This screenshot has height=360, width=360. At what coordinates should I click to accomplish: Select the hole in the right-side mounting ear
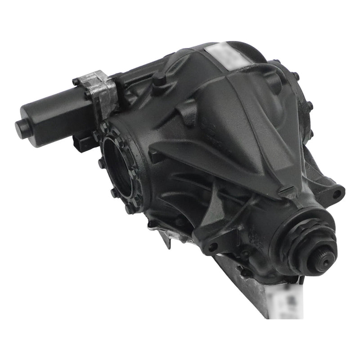point(337,194)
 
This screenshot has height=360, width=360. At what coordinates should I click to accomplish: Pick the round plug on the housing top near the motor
point(158,81)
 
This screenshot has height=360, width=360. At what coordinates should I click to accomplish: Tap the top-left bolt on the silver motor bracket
point(76,82)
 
